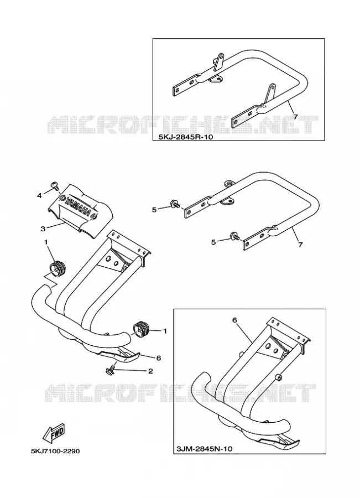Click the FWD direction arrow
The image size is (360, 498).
click(x=55, y=434)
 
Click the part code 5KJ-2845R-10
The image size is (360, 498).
click(x=184, y=137)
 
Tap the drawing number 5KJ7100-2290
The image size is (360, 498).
click(x=55, y=451)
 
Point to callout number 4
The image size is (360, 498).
click(x=39, y=196)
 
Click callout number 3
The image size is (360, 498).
click(x=43, y=229)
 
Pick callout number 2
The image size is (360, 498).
click(x=150, y=371)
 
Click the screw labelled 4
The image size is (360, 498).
click(x=55, y=185)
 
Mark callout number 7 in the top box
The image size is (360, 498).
click(x=295, y=117)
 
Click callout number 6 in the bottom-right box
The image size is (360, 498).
click(x=235, y=320)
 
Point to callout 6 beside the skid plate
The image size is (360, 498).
click(x=158, y=358)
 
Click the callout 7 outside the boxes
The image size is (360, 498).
click(x=300, y=245)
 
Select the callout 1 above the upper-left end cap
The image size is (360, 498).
click(x=46, y=242)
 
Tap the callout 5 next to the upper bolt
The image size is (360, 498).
click(x=154, y=210)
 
